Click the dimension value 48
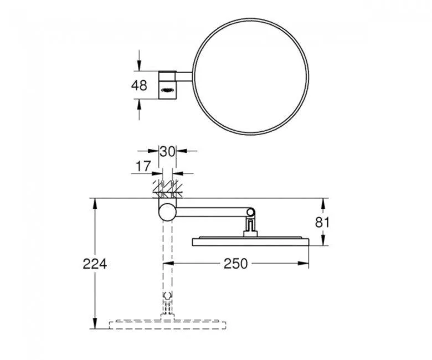140,85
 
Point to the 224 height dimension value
95,263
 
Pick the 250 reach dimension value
235,264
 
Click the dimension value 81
323,222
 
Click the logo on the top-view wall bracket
168,86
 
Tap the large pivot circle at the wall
167,212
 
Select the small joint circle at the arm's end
251,212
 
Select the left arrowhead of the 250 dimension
168,264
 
